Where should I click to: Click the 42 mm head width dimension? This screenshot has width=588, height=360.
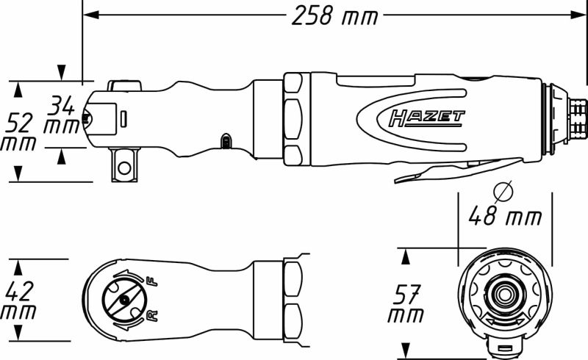(21, 300)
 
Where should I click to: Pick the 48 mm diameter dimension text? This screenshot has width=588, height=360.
(505, 217)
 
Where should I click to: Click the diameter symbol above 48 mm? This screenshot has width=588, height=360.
(503, 193)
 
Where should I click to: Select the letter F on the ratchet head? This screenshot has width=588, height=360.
(151, 281)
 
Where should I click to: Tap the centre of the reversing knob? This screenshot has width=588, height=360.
(124, 299)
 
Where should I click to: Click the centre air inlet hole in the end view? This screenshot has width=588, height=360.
(503, 295)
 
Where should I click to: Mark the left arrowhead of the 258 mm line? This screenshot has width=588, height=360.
(87, 15)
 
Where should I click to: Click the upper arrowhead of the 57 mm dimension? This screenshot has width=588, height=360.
(404, 256)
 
